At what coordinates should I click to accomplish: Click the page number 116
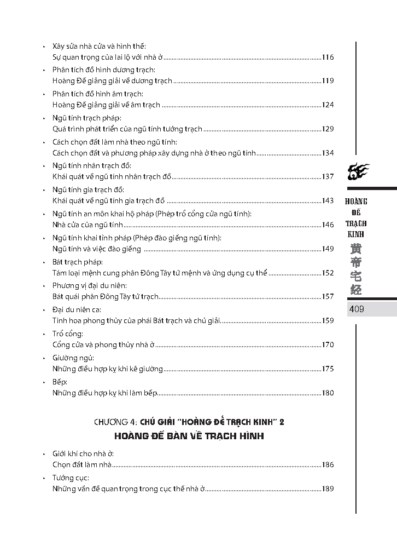pyautogui.click(x=328, y=57)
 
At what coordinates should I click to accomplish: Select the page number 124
pyautogui.click(x=328, y=105)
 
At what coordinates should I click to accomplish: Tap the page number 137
pyautogui.click(x=328, y=177)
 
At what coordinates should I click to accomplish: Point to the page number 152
pyautogui.click(x=328, y=273)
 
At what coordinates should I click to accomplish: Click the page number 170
pyautogui.click(x=328, y=345)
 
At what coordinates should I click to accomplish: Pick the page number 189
pyautogui.click(x=328, y=489)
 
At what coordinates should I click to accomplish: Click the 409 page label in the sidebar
pyautogui.click(x=357, y=309)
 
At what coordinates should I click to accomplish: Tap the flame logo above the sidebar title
pyautogui.click(x=359, y=173)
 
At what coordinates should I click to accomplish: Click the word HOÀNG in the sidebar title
pyautogui.click(x=356, y=202)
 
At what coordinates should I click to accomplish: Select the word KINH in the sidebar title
pyautogui.click(x=356, y=234)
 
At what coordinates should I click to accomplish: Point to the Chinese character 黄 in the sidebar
pyautogui.click(x=356, y=249)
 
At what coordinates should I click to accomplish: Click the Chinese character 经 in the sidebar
pyautogui.click(x=356, y=289)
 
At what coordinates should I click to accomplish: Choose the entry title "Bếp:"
pyautogui.click(x=60, y=382)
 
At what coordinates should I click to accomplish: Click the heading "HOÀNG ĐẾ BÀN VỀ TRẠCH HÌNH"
pyautogui.click(x=189, y=437)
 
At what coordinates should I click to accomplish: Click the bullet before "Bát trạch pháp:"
pyautogui.click(x=44, y=262)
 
